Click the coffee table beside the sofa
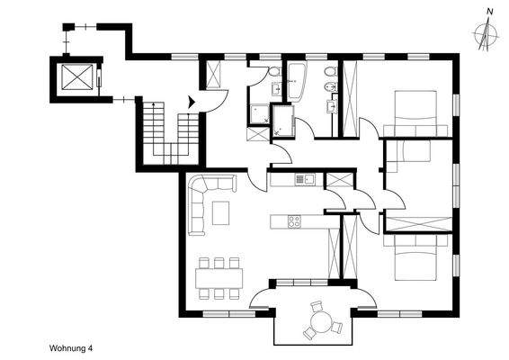click(222, 213)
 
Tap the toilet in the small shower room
click(272, 73)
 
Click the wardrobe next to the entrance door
click(215, 74)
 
